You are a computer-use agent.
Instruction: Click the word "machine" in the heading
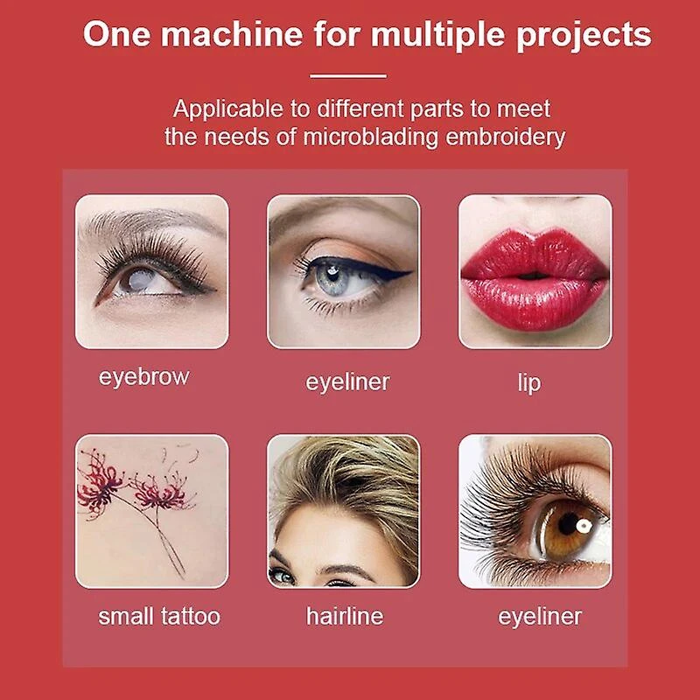232,34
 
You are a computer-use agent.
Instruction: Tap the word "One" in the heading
116,34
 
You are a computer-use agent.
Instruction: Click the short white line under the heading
348,76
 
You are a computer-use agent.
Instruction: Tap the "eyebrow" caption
143,377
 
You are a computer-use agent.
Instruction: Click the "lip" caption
529,382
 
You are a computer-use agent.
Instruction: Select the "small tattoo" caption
159,617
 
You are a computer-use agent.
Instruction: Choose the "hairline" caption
345,616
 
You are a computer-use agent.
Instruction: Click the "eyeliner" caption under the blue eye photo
347,382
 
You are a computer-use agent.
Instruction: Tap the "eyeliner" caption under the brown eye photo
540,617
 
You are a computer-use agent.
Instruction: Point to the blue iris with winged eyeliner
332,276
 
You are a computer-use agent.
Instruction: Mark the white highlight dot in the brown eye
584,526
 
